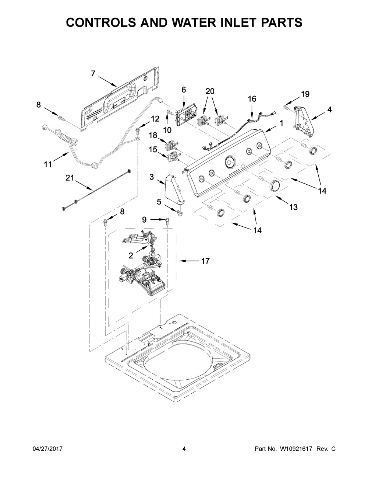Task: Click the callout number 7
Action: (x=93, y=74)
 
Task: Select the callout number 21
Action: (x=70, y=178)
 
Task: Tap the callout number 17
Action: (x=205, y=261)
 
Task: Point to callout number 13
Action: (x=293, y=207)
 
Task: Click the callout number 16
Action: (x=252, y=99)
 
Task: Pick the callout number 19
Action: (x=305, y=94)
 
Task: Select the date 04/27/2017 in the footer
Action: (x=47, y=449)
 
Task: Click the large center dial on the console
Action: (x=230, y=161)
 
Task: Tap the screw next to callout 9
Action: (x=169, y=220)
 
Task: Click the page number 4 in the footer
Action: (x=184, y=449)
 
